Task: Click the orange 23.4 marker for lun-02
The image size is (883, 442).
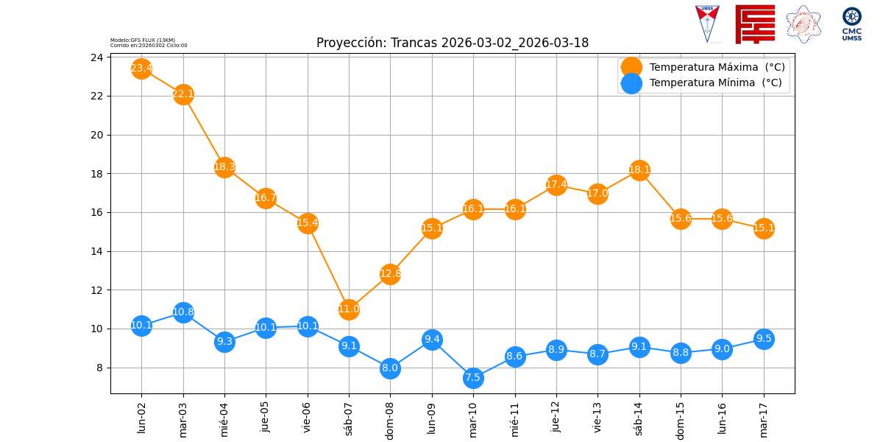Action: (141, 69)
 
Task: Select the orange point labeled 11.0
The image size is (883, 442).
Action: (349, 309)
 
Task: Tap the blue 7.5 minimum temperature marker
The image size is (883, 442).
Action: (473, 378)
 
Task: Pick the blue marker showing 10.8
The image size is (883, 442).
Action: (183, 312)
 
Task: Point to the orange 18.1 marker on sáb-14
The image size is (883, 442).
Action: (639, 170)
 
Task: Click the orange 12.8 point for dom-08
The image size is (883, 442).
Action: (390, 274)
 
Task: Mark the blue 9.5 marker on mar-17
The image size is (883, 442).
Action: (764, 339)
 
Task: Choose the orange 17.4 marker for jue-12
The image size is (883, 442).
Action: (556, 184)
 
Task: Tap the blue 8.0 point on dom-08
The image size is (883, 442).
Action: (390, 368)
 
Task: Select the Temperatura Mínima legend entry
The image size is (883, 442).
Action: (715, 83)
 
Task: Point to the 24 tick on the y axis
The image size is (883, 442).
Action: (96, 57)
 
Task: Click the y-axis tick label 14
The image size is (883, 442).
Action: (96, 251)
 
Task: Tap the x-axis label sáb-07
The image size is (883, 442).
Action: (349, 418)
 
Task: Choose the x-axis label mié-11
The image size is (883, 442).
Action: (515, 418)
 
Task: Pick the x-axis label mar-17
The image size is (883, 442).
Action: (764, 418)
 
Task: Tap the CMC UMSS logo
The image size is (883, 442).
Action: (852, 24)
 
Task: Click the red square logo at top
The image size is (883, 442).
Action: (755, 24)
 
